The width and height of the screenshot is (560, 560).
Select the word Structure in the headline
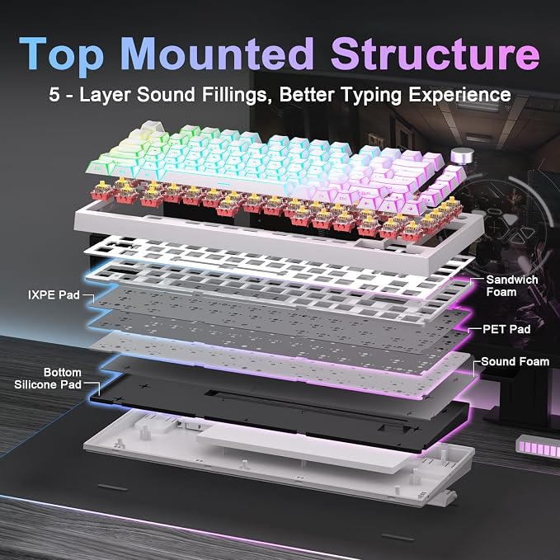tap(435, 54)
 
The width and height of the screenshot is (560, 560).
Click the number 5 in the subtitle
tap(54, 95)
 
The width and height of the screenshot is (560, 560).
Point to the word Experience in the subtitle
tap(459, 96)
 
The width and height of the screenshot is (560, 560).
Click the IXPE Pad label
tap(54, 295)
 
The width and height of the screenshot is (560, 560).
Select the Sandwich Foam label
tap(512, 285)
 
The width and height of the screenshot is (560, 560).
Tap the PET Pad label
tap(506, 329)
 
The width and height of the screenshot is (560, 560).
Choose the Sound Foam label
tap(515, 361)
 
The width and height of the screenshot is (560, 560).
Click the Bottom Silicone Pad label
tap(48, 379)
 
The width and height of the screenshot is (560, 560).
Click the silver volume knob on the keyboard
tap(462, 157)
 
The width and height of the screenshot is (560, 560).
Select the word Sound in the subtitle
tap(166, 95)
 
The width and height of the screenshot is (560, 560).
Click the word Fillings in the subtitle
tap(235, 96)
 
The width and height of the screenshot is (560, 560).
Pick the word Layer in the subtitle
tap(105, 96)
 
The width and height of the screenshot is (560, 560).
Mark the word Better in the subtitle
tap(307, 95)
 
